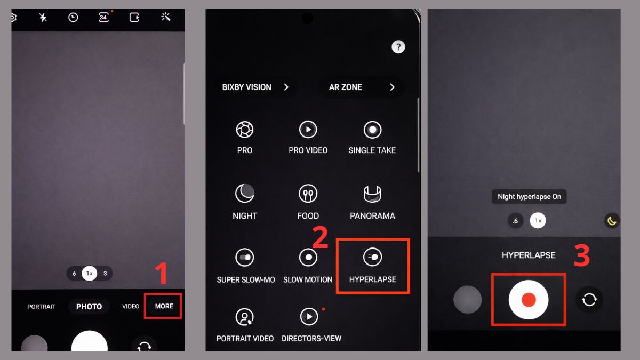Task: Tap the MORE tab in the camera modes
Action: point(164,306)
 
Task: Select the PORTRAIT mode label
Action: point(42,307)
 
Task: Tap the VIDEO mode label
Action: point(131,306)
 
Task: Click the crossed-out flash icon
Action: point(43,18)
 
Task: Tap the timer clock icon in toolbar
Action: point(73,18)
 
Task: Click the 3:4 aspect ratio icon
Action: point(103,18)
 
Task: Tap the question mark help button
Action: point(398,47)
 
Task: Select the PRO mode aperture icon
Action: point(245,130)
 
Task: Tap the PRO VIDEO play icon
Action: point(308,130)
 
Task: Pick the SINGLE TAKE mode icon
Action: point(373,130)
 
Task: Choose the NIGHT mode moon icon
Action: point(245,194)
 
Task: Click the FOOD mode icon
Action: point(308,194)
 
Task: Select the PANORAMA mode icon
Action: point(372,194)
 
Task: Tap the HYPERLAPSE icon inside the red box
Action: point(373,257)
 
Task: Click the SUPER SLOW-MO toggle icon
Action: point(245,257)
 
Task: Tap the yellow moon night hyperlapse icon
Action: point(612,221)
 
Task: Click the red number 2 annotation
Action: point(320,237)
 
